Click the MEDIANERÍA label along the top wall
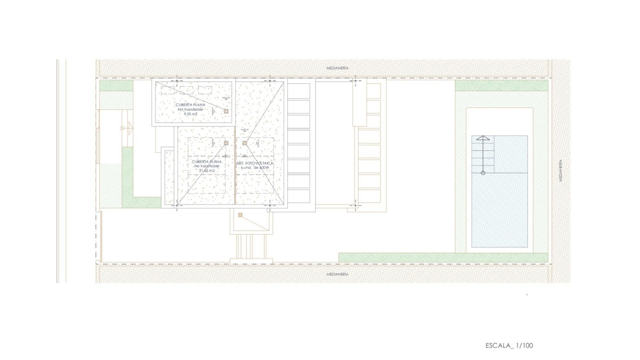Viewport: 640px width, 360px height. point(337,68)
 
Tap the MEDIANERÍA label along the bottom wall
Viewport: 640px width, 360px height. point(337,274)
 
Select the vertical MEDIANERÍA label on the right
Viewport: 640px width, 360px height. point(561,170)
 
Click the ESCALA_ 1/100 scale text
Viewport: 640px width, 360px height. point(509,345)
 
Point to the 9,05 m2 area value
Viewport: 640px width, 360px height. point(191,114)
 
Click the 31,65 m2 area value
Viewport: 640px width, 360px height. point(207,171)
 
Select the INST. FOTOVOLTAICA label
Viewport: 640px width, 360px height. point(255,163)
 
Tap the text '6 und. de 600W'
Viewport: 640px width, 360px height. point(255,168)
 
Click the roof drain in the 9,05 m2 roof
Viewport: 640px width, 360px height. point(226,111)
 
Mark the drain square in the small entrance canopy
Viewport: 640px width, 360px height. point(240,215)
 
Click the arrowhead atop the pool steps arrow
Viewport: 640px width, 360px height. point(483,138)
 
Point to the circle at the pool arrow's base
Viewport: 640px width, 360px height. point(483,173)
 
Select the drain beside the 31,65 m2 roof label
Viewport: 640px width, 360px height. point(226,143)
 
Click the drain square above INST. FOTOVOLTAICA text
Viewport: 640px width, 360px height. point(245,143)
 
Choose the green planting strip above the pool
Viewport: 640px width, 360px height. point(501,86)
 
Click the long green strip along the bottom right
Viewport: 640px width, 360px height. point(443,257)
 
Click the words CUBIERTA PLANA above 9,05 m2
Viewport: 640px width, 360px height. point(191,105)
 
